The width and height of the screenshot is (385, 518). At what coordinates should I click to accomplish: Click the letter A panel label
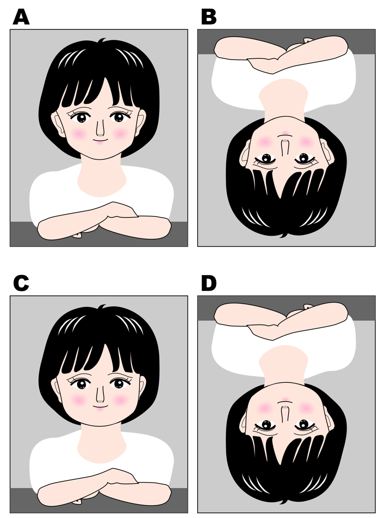[x=21, y=17]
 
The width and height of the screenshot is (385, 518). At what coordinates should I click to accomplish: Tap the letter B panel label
[x=209, y=17]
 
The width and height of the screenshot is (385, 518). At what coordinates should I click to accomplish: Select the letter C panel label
[x=21, y=283]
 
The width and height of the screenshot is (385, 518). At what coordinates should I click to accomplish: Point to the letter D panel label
[x=209, y=283]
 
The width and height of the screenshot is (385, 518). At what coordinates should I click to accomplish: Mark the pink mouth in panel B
[x=285, y=133]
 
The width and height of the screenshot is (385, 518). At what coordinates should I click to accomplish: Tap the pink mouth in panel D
[x=285, y=400]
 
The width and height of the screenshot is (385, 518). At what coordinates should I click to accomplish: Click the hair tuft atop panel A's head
[x=102, y=40]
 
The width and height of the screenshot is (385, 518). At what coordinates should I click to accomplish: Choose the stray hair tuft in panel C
[x=102, y=307]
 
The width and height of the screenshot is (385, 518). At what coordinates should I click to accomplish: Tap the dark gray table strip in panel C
[x=99, y=500]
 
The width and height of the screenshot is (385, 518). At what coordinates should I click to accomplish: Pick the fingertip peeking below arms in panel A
[x=77, y=235]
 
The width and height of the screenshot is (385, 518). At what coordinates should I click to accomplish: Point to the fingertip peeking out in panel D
[x=308, y=306]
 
